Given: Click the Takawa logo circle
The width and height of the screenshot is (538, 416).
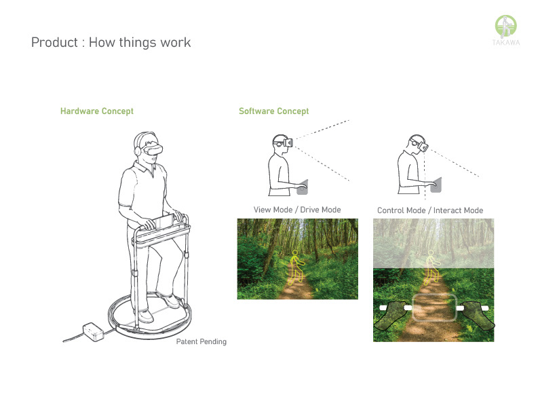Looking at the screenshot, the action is click(x=505, y=25).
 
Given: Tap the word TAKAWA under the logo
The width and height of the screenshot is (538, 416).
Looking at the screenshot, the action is click(x=505, y=43).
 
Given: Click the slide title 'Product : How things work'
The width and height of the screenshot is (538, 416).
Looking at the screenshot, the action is click(x=111, y=42).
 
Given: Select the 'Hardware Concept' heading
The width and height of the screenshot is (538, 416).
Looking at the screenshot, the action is click(x=97, y=111).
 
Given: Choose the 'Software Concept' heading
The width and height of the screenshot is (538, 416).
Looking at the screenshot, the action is click(x=274, y=111).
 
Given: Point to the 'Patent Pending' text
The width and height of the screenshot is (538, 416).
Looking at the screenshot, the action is click(x=201, y=341).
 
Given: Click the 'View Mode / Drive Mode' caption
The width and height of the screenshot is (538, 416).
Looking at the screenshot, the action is click(x=297, y=210).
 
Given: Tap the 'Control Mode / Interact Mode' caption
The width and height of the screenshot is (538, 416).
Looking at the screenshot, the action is click(x=430, y=210).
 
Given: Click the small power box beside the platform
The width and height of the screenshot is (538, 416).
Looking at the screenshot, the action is click(x=93, y=332).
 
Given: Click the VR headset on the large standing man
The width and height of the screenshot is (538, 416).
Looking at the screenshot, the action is click(x=153, y=150).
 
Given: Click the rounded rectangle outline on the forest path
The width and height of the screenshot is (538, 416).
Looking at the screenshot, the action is click(x=434, y=295).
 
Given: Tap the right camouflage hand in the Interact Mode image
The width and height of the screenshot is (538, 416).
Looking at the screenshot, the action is click(x=477, y=315).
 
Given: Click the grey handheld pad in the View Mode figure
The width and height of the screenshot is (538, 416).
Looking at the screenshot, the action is click(x=303, y=187).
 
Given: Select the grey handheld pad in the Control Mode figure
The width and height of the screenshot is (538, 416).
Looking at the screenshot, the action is click(x=436, y=185).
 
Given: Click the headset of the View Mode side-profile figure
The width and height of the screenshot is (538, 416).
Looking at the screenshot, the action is click(x=284, y=142).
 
